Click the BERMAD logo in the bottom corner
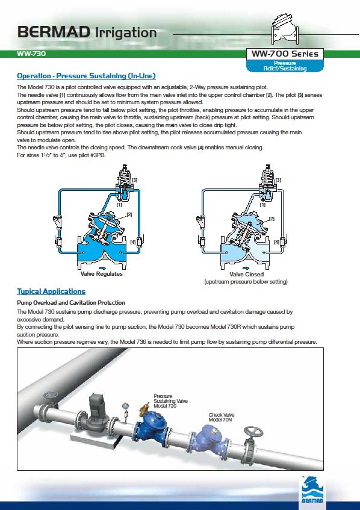pos(312,489)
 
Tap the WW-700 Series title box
pos(285,54)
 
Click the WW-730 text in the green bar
pos(31,54)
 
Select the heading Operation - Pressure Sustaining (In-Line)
pos(86,76)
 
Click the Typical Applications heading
pos(51,291)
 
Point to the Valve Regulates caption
pos(102,274)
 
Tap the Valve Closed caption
pos(246,274)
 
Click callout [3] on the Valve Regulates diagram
pos(134,180)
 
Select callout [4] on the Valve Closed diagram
pos(276,242)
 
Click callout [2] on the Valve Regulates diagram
pos(129,214)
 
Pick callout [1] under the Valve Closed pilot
pos(262,205)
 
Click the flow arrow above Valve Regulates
pos(102,268)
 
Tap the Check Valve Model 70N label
pos(222,417)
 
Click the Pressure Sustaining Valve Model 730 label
pos(170,401)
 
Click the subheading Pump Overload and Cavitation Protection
pos(71,302)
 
